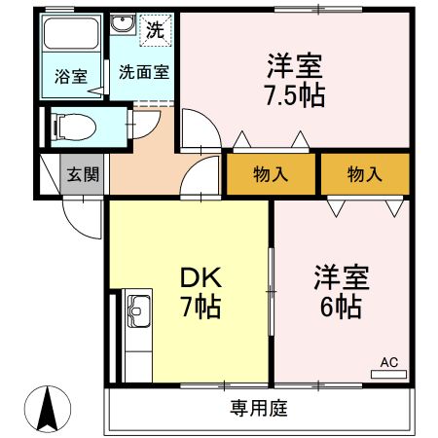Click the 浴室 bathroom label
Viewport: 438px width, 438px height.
coord(71,76)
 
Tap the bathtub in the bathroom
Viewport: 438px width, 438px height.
coord(71,33)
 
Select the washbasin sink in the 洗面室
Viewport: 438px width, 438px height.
coord(123,23)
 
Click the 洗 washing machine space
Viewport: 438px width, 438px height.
coord(155,30)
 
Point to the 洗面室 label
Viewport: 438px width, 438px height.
coord(144,72)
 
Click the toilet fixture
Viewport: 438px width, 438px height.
coord(76,127)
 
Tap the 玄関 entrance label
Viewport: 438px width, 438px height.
coord(83,174)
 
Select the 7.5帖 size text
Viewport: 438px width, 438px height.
coord(295,95)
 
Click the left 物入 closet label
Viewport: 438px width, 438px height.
coord(271,174)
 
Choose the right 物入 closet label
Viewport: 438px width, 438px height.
coord(365,174)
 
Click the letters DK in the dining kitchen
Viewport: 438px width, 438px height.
coord(201,277)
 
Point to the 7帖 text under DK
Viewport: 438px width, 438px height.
coord(201,307)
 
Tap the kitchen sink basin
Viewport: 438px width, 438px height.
coord(139,311)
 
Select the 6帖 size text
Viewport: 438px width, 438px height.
coord(341,307)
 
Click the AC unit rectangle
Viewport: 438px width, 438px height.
coord(388,375)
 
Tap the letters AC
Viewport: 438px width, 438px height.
coord(389,362)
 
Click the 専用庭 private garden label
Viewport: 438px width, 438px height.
coord(259,408)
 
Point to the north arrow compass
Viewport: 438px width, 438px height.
coord(48,409)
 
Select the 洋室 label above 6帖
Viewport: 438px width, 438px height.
coord(342,277)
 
